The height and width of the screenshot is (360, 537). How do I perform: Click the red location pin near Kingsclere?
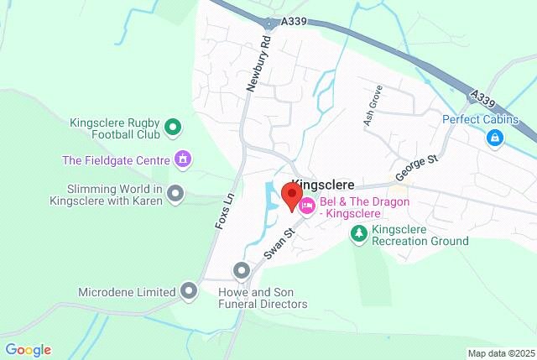coord(291,198)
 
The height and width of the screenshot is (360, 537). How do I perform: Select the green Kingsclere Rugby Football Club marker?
coord(173,128)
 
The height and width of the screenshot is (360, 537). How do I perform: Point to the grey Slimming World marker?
coord(175,194)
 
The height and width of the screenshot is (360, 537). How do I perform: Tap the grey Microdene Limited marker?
coord(190,291)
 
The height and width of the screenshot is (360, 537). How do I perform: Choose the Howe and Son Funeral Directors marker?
coord(242,270)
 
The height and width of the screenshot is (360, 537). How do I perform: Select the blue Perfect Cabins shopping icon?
coord(494,137)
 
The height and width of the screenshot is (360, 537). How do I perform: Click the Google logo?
coord(28,349)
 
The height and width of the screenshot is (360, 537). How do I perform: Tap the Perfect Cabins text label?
coord(481,119)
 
